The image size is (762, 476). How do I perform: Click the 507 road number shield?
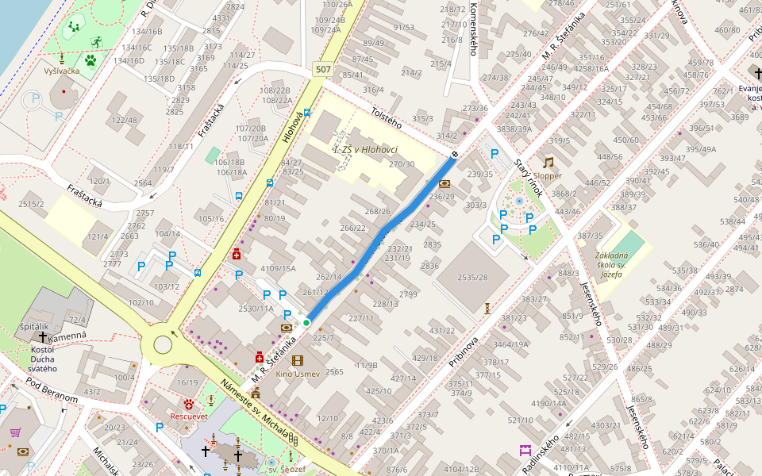(x=322, y=69)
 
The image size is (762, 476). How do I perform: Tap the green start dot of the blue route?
(x=306, y=323)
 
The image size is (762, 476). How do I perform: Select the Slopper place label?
(x=548, y=175)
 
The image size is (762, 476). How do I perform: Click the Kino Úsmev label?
(x=298, y=374)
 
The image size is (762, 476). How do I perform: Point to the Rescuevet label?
(x=189, y=416)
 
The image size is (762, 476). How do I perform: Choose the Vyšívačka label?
(x=62, y=71)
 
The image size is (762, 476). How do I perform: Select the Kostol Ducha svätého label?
(x=43, y=359)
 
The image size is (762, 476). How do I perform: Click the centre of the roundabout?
(x=163, y=344)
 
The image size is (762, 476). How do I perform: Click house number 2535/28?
(x=472, y=278)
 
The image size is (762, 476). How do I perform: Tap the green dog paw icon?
(x=90, y=59)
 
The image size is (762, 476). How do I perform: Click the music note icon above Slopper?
(x=548, y=162)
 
